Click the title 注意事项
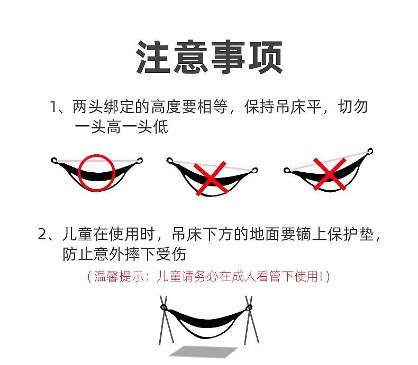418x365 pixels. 209,57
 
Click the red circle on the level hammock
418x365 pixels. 97,171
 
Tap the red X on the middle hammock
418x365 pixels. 211,179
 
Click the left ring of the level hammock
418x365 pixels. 54,160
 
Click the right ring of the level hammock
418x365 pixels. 140,161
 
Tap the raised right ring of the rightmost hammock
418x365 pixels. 370,152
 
